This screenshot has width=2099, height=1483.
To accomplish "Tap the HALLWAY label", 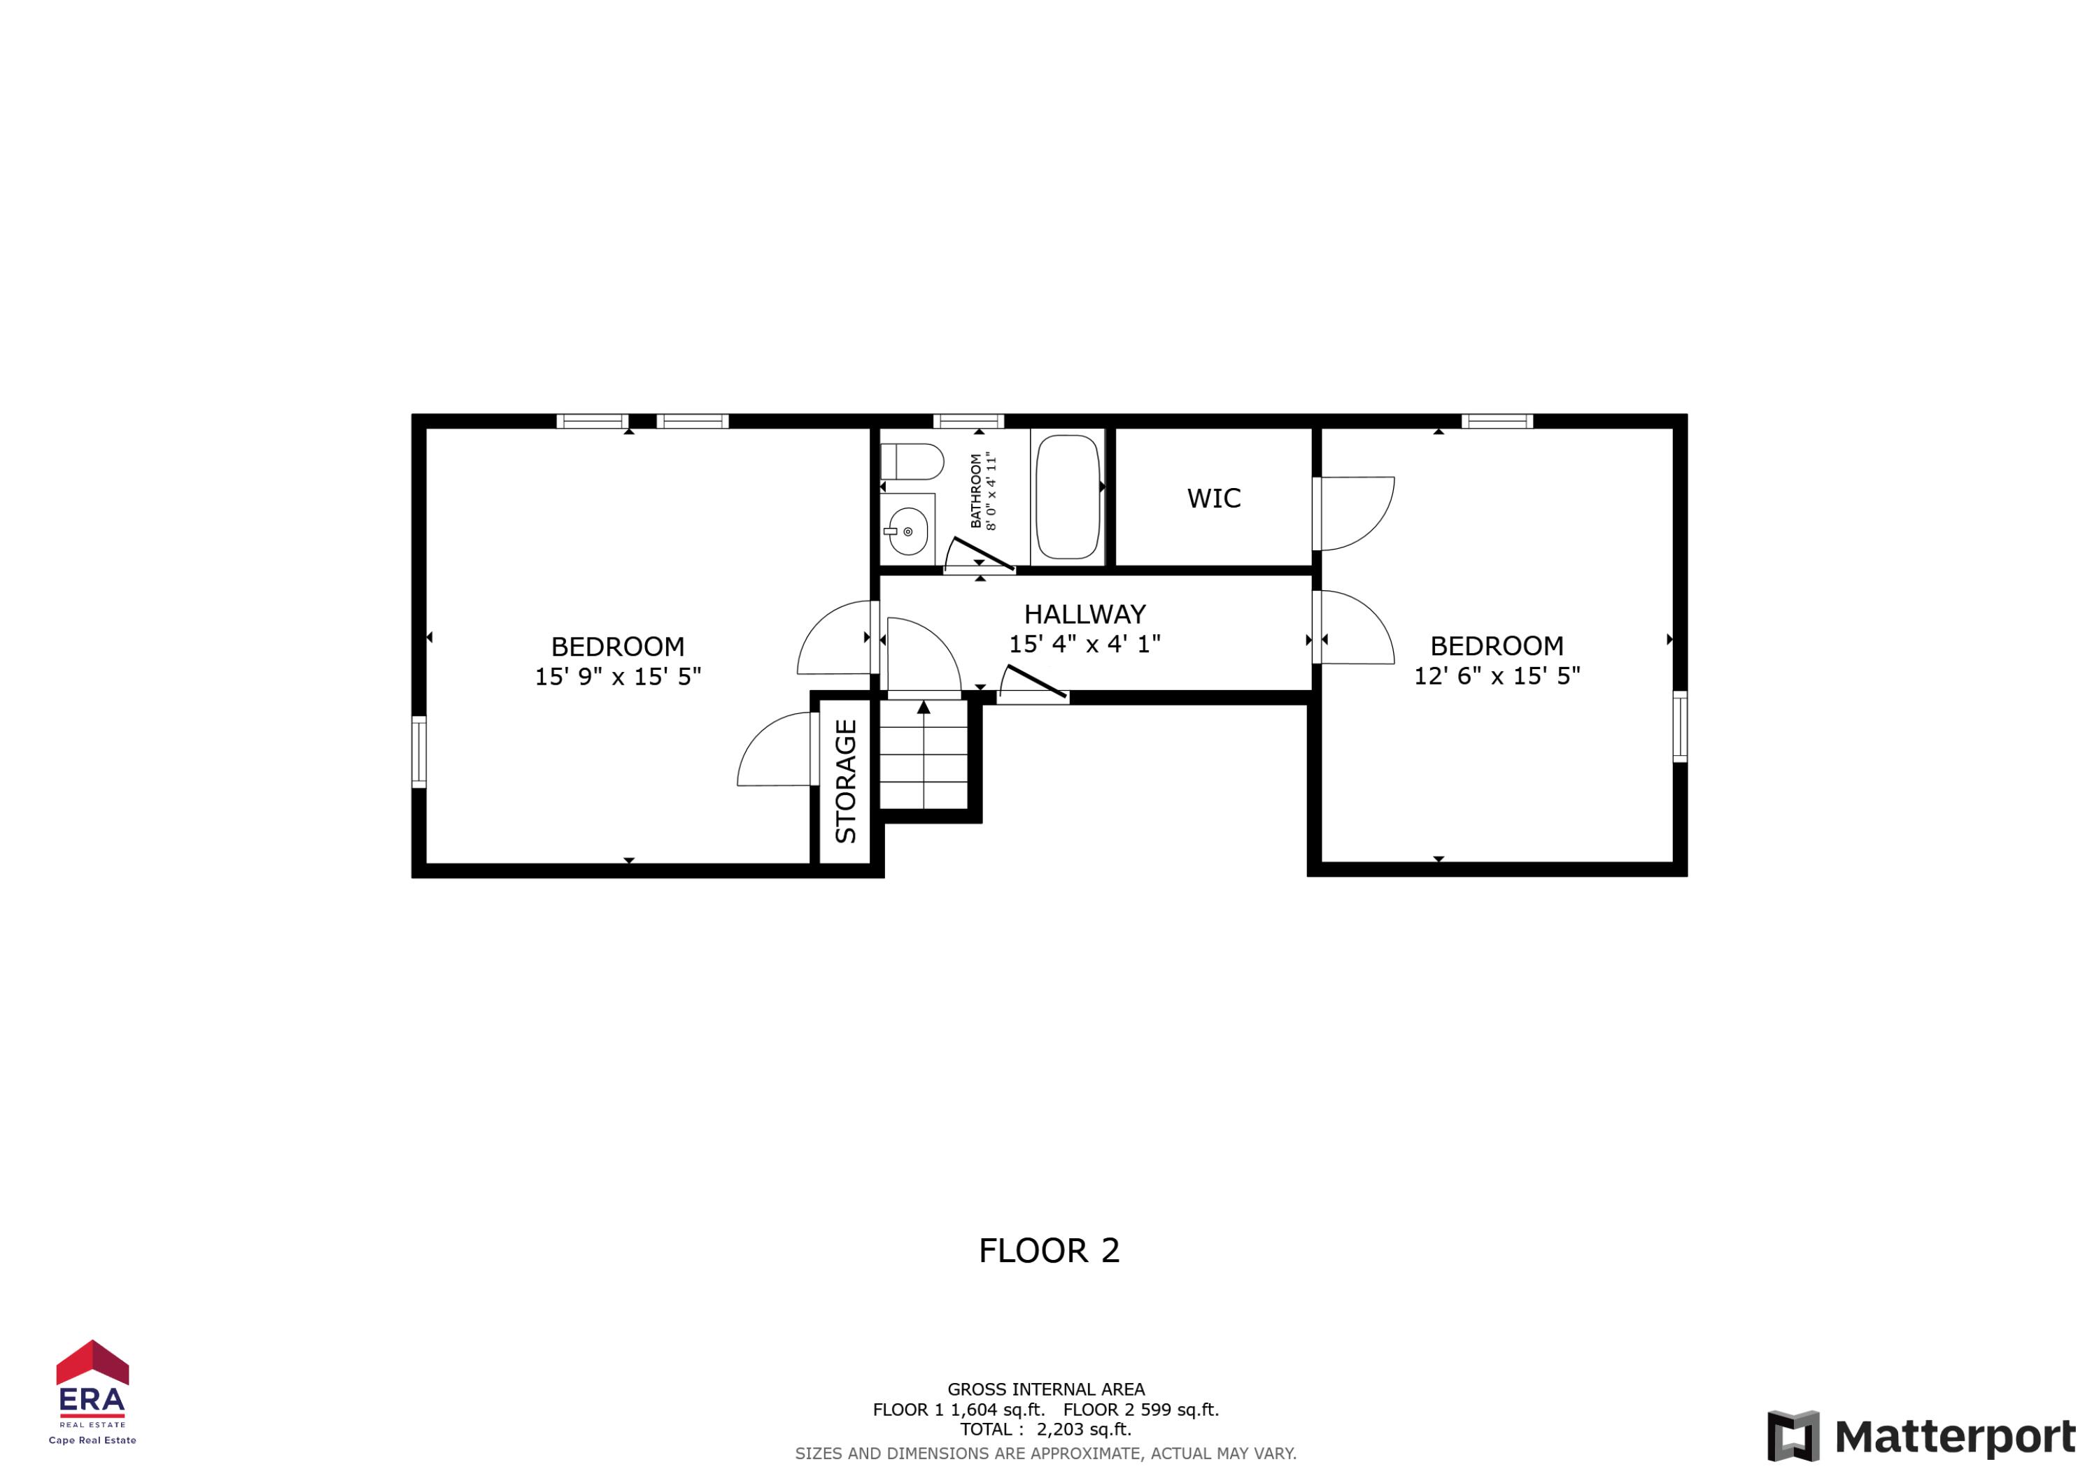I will click(x=1084, y=614).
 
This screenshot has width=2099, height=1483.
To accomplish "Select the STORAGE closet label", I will click(x=846, y=781).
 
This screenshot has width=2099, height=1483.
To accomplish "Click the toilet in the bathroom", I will click(x=912, y=461).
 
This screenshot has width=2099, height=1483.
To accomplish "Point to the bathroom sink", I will click(x=907, y=531).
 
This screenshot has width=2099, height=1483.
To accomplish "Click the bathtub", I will click(x=1067, y=497).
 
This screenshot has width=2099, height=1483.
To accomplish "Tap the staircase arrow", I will click(x=924, y=707).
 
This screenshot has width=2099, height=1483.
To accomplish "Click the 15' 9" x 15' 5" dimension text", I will click(x=617, y=677).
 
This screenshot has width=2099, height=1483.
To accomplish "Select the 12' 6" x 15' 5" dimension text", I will click(x=1497, y=676).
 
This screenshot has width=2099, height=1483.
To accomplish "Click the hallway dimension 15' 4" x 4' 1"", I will click(x=1084, y=644).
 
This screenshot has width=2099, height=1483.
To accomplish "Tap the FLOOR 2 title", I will click(x=1049, y=1251).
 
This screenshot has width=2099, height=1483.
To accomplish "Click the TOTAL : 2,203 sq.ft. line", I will click(x=1045, y=1429).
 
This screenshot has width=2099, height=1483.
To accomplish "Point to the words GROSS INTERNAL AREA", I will click(x=1045, y=1389).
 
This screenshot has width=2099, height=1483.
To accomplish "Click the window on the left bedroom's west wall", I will click(x=418, y=751).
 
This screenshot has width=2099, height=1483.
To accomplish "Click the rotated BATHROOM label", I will click(x=975, y=492).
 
